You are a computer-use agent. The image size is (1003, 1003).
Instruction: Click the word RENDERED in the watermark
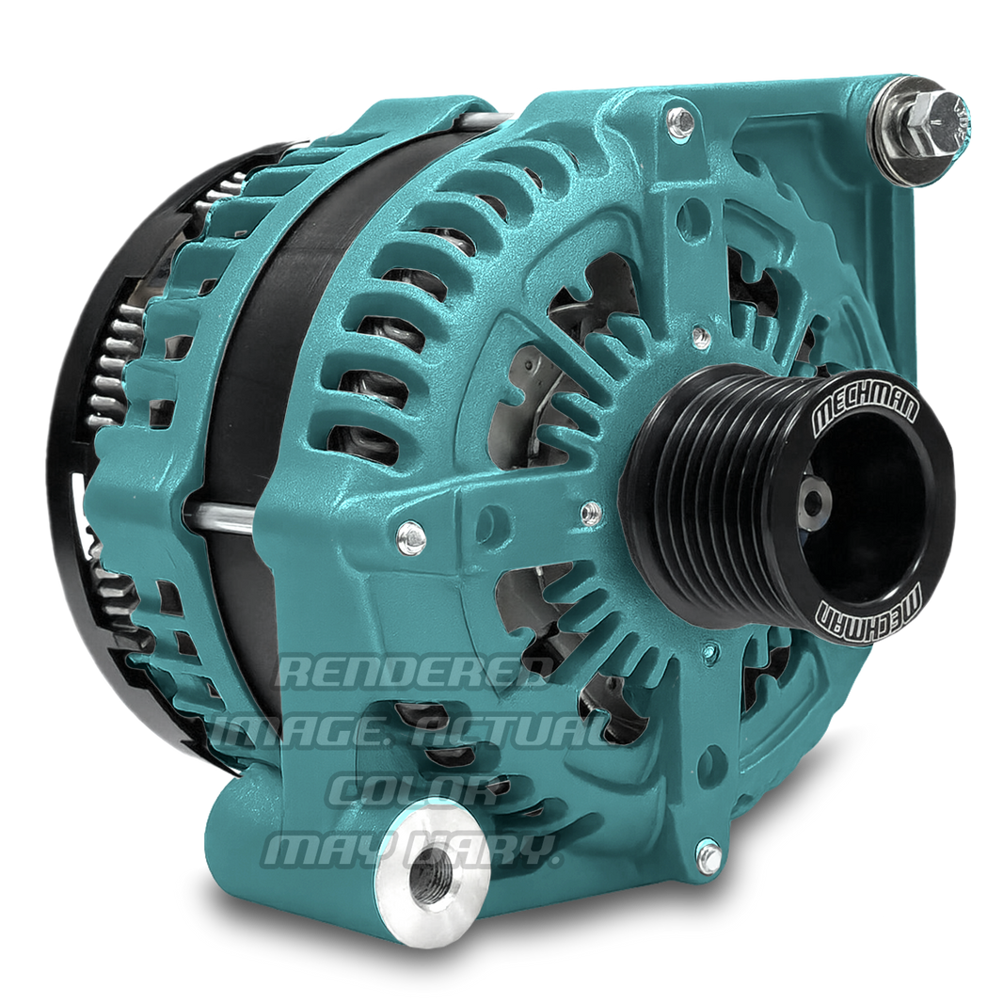tap(419, 672)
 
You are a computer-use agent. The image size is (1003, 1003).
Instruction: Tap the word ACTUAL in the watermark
tap(517, 728)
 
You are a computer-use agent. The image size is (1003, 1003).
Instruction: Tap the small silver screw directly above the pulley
tap(699, 334)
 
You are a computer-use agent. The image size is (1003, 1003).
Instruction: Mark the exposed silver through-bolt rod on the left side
tap(222, 514)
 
